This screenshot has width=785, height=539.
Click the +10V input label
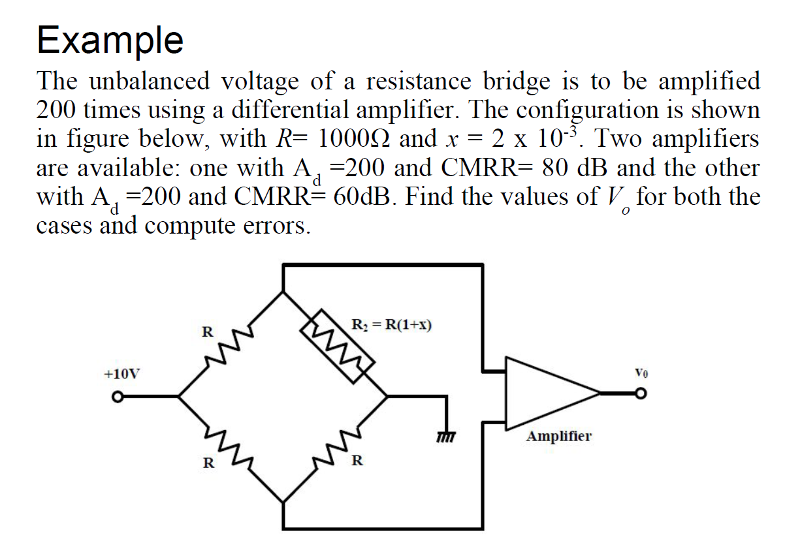122,375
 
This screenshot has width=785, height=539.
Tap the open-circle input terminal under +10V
118,396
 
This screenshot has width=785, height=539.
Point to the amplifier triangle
549,393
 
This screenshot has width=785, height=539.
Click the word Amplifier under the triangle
559,435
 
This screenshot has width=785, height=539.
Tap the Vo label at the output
641,375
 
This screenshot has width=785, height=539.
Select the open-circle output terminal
642,393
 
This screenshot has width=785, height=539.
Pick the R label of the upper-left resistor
206,331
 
